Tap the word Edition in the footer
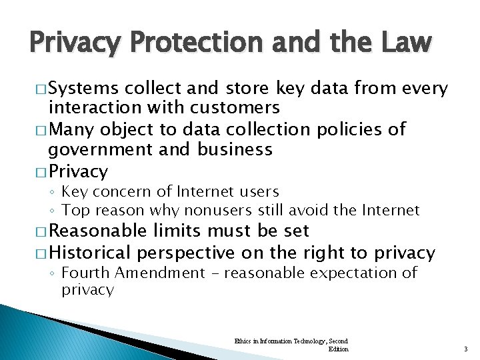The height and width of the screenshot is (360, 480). pos(339,349)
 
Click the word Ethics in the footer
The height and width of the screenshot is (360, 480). pos(243,341)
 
